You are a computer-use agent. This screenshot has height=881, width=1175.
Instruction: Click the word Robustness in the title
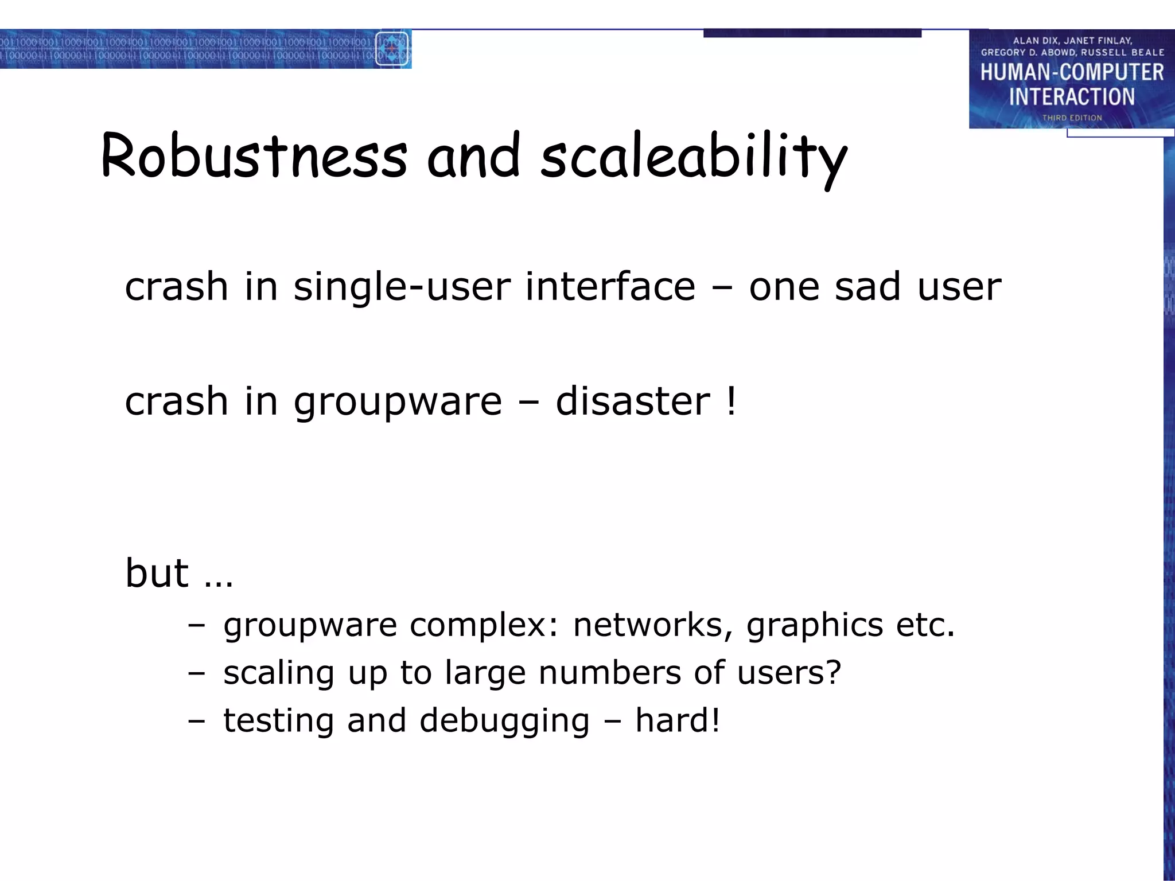tap(254, 156)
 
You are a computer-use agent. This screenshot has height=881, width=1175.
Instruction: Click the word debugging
tap(504, 722)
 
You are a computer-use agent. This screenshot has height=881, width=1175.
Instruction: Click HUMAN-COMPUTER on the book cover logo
tap(1072, 73)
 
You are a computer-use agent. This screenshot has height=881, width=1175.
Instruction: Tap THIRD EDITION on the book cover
tap(1072, 118)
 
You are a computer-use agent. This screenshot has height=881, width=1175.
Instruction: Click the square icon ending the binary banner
tap(392, 49)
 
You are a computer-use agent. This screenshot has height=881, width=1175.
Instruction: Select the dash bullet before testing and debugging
tap(196, 722)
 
